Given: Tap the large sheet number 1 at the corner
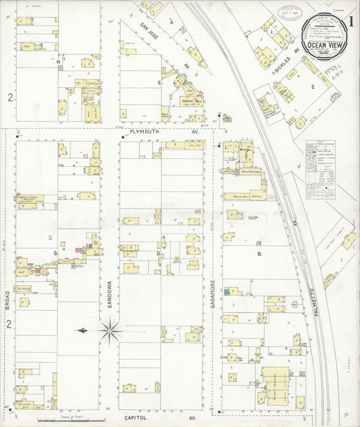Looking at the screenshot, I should (351, 20).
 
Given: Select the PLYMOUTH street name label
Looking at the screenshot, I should (147, 132).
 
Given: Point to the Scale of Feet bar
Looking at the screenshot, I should (68, 420).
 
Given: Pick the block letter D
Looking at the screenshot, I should (158, 254).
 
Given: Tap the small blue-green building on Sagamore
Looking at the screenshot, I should (227, 292).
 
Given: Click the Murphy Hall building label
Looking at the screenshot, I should (192, 101).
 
